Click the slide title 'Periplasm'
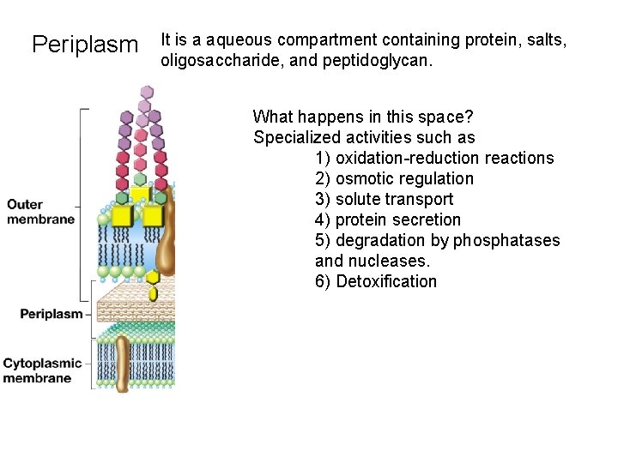coord(84,44)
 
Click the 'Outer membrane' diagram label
coord(40,212)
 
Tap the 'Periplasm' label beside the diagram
coord(51,314)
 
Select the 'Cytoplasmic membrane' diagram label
coord(42,370)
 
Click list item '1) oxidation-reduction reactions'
coord(434,158)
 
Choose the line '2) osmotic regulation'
coord(394,178)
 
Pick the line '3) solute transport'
coord(384,199)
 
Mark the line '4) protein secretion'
coord(388,219)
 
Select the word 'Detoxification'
coord(386,281)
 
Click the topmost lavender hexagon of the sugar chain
coord(146,91)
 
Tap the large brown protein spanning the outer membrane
coord(166,231)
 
